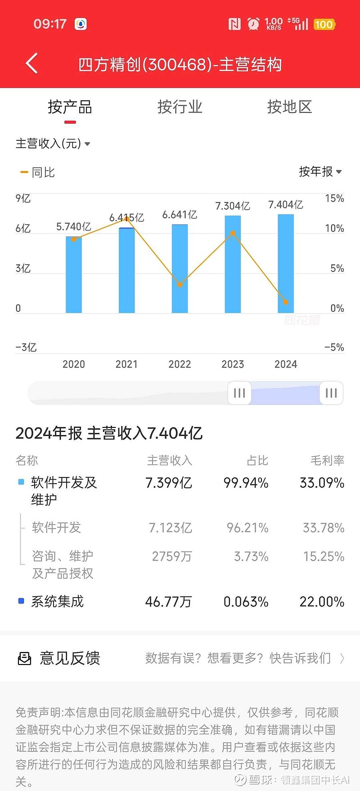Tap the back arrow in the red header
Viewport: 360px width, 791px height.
coord(31,63)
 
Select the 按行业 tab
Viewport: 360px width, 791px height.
coord(180,107)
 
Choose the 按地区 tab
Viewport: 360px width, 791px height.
coord(289,107)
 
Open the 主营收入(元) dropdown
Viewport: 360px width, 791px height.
coord(53,144)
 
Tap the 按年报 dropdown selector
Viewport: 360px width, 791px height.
coord(320,171)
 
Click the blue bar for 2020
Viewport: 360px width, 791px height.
coord(74,274)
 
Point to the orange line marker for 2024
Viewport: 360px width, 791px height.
coord(286,302)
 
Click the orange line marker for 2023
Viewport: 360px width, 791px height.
coord(233,233)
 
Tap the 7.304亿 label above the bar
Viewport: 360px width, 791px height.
coord(232,206)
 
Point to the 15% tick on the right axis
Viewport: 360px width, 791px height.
coord(334,198)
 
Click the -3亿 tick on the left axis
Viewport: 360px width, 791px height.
coord(26,347)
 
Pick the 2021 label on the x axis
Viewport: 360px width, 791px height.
coord(126,364)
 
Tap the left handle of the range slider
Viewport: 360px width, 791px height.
coord(239,393)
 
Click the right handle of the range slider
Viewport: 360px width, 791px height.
coord(331,393)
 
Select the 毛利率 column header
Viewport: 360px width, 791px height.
coord(327,460)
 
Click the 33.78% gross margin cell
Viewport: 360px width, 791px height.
coord(323,527)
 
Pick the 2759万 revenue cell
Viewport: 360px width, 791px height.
coord(171,557)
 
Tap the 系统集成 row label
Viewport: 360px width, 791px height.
coord(57,602)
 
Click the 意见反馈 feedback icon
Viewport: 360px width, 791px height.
coord(24,659)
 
